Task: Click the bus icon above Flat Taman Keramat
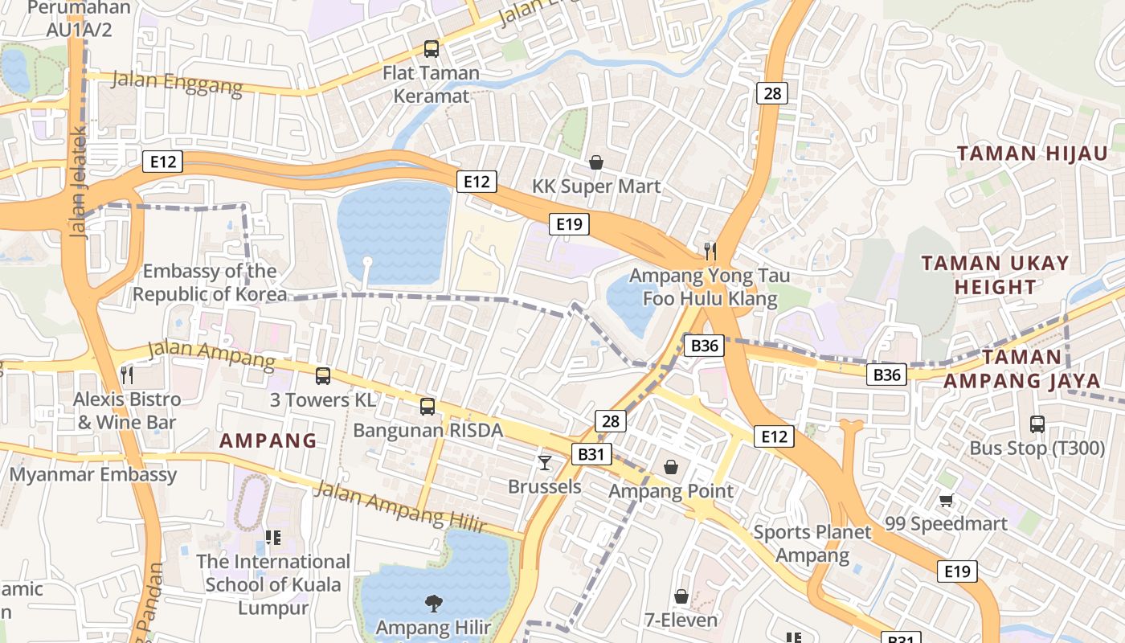coord(432,49)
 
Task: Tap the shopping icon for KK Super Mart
coord(596,163)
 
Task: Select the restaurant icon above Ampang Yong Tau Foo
coord(710,252)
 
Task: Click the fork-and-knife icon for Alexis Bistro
coord(126,375)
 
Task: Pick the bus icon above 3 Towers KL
coord(323,375)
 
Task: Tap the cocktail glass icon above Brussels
coord(545,463)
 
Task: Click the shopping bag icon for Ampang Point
coord(671,467)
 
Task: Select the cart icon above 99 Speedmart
coord(947,501)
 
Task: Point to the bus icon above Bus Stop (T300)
coord(1037,424)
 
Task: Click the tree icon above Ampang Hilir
coord(433,602)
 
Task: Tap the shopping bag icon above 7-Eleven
coord(681,596)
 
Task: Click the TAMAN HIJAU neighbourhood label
coord(1032,154)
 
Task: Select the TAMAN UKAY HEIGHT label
coord(995,275)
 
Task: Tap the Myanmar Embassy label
coord(92,474)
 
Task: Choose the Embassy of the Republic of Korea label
coord(210,283)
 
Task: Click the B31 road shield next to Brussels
coord(591,454)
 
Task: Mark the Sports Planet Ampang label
coord(812,543)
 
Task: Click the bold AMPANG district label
coord(268,440)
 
